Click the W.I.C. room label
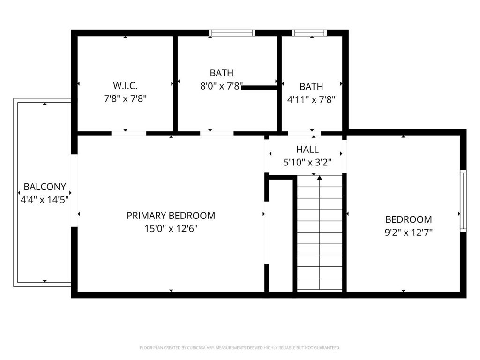125,85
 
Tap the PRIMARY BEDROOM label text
171,216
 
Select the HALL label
307,150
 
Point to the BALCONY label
45,187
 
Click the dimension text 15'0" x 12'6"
171,228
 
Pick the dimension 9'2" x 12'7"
408,232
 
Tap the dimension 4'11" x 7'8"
311,99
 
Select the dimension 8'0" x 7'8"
221,86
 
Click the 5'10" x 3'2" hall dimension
307,162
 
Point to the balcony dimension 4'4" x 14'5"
45,200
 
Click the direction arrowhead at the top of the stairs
320,178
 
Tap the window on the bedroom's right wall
463,201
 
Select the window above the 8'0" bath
232,33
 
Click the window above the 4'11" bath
309,33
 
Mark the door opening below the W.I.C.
128,134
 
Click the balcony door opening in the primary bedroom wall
75,190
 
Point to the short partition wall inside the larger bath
260,88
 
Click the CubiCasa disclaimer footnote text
240,348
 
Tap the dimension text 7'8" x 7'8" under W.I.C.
125,98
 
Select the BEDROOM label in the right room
408,219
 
